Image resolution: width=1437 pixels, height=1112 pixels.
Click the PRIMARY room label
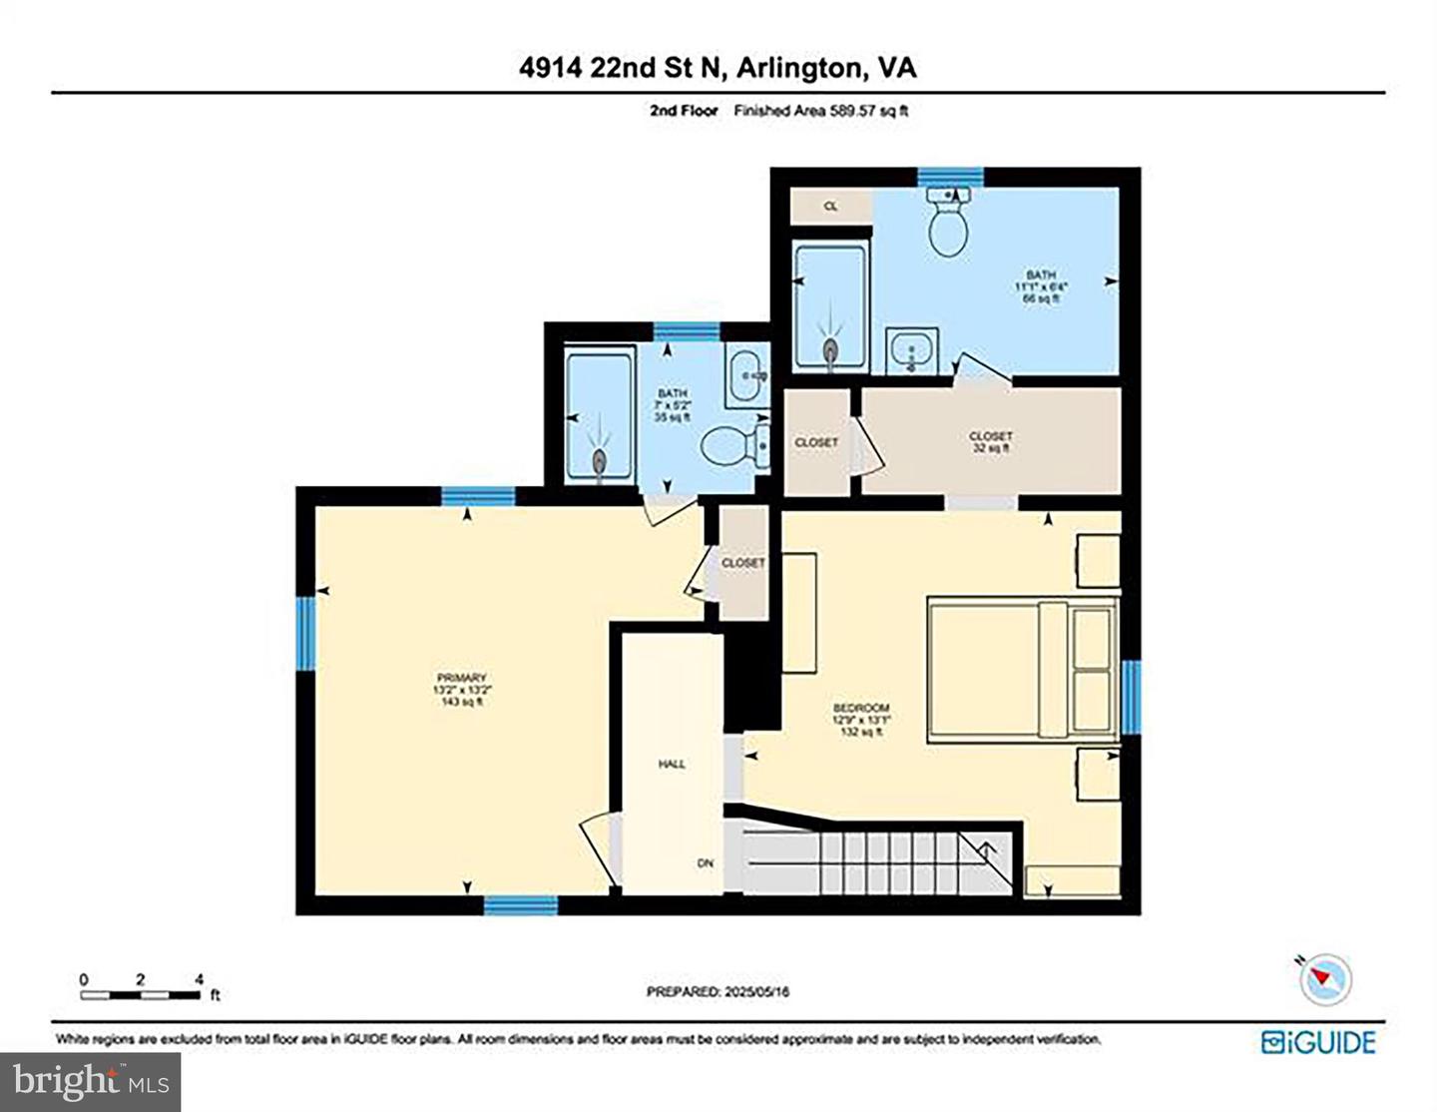coord(460,689)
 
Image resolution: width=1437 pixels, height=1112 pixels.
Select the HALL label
coord(672,764)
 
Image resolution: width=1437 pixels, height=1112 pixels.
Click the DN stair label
coord(706,862)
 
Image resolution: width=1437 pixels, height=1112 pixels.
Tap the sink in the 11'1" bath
coord(912,351)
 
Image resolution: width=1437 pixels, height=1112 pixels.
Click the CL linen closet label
coord(830,207)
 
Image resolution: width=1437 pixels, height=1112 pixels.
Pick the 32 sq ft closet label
coord(991,442)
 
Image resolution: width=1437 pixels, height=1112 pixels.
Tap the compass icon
coord(1326,977)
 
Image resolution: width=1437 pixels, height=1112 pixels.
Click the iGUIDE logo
coord(1318,1042)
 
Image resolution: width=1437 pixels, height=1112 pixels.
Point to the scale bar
coord(141,993)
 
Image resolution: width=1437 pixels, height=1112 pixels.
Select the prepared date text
coord(718,991)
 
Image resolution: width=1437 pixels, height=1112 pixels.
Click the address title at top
coord(718,67)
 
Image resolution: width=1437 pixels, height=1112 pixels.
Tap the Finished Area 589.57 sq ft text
coord(820,112)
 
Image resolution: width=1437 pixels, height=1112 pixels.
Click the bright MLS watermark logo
coord(90,1081)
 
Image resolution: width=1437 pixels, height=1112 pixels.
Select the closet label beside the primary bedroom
coord(742,563)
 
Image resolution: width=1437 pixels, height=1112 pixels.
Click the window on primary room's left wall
coord(306,633)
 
